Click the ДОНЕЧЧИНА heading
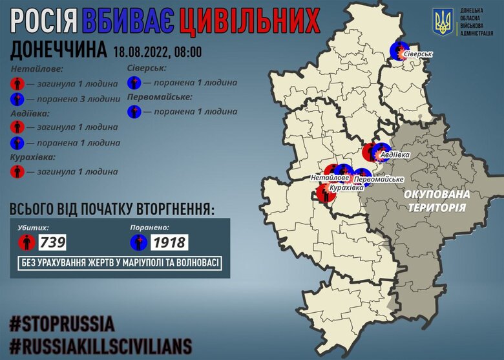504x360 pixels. click(x=59, y=49)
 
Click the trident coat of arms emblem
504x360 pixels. click(x=444, y=23)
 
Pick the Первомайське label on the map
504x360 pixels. click(x=380, y=178)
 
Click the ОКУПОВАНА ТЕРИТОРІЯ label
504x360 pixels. click(x=437, y=200)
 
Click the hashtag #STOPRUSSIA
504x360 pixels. click(x=62, y=323)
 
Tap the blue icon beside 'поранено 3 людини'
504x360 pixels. click(x=18, y=99)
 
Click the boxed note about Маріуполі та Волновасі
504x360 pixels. click(x=120, y=263)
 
